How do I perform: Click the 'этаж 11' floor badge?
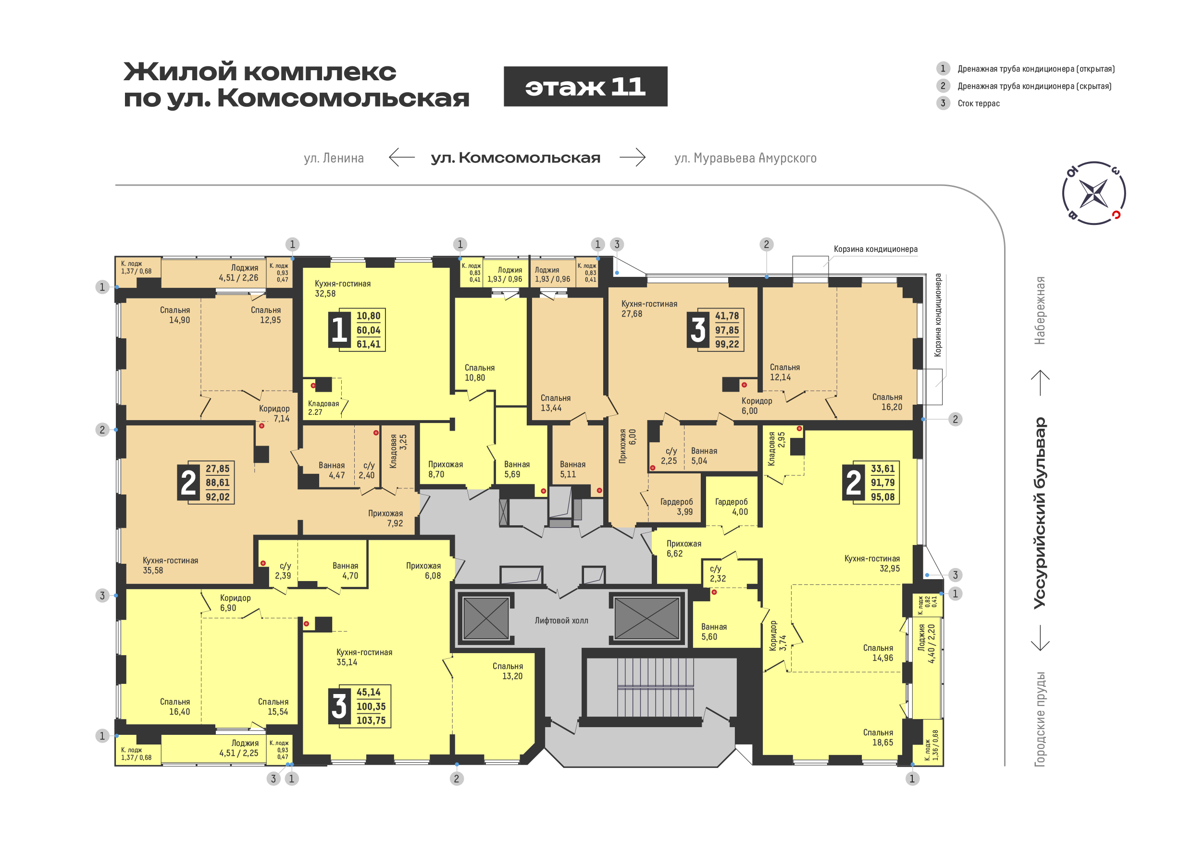pyautogui.click(x=585, y=87)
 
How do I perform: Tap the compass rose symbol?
pyautogui.click(x=1094, y=193)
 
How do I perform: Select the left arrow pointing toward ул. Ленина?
pyautogui.click(x=402, y=157)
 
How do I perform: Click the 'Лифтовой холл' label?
pyautogui.click(x=561, y=620)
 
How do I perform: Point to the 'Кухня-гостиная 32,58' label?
pyautogui.click(x=343, y=289)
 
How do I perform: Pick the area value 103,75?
pyautogui.click(x=371, y=720)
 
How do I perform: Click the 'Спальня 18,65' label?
pyautogui.click(x=878, y=738)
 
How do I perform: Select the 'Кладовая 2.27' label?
pyautogui.click(x=323, y=408)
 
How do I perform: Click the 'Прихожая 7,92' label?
pyautogui.click(x=386, y=518)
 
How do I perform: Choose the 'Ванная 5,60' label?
pyautogui.click(x=714, y=632)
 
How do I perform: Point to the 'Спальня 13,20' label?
pyautogui.click(x=508, y=671)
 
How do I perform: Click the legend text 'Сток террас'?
pyautogui.click(x=979, y=103)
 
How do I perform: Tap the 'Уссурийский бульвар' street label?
pyautogui.click(x=1040, y=512)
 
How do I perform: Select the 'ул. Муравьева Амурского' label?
pyautogui.click(x=745, y=158)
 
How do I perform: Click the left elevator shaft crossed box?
pyautogui.click(x=486, y=618)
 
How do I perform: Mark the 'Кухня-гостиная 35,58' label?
pyautogui.click(x=170, y=565)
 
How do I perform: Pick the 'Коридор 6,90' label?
pyautogui.click(x=235, y=603)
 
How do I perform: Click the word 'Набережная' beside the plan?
pyautogui.click(x=1040, y=310)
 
